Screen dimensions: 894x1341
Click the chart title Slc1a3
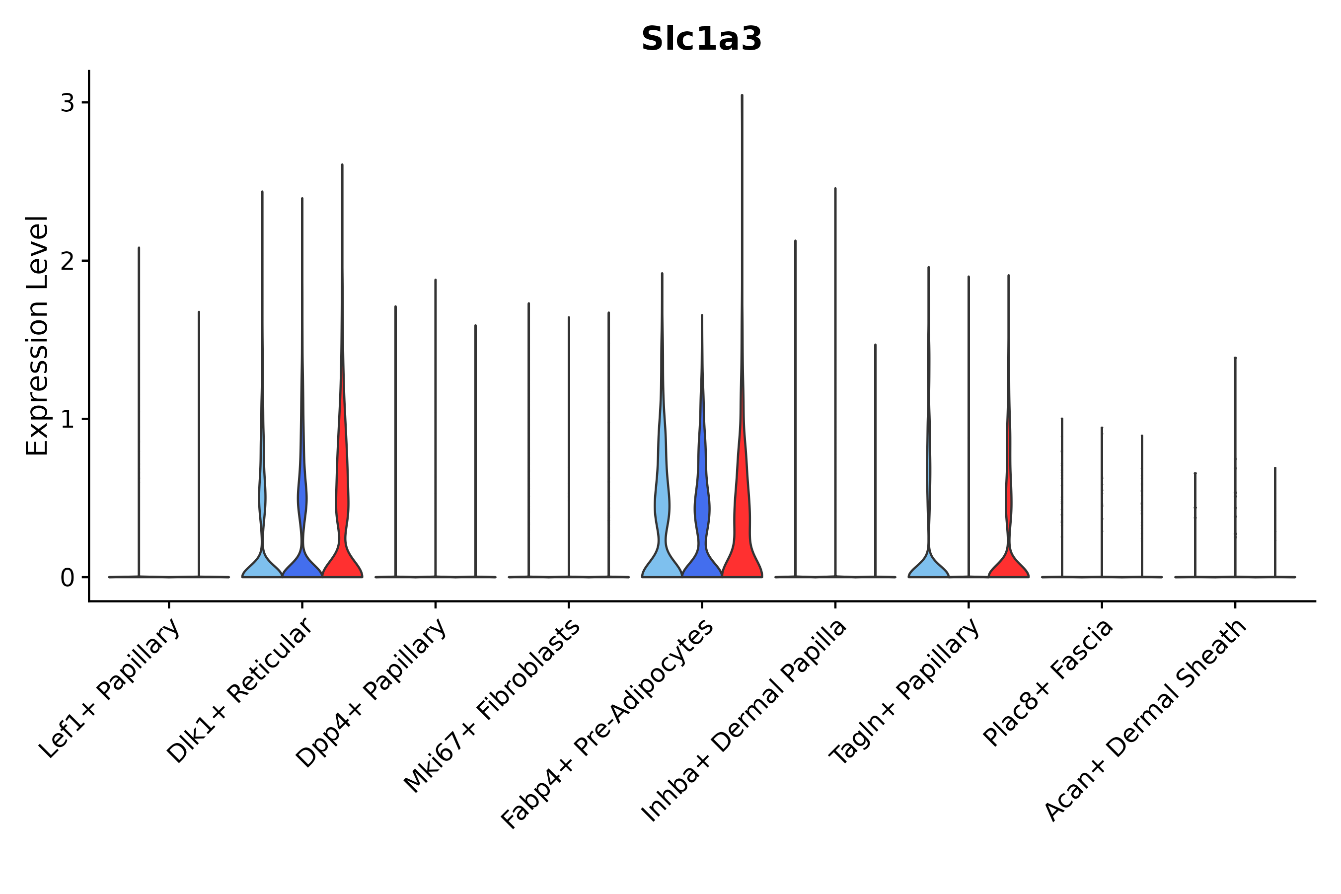(x=701, y=39)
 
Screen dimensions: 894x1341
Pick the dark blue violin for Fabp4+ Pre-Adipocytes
(x=702, y=562)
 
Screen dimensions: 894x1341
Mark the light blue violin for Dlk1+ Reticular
(x=262, y=564)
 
